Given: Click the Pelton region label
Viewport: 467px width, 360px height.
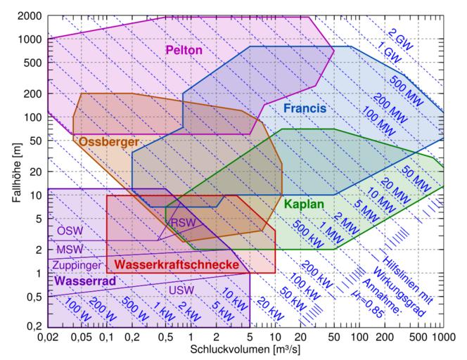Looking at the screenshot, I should click(x=184, y=50).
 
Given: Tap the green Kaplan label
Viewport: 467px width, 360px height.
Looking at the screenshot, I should click(x=304, y=205).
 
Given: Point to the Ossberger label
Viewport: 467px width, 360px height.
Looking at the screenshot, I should click(x=108, y=141).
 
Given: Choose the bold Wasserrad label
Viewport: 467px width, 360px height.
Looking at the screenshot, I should click(x=85, y=280).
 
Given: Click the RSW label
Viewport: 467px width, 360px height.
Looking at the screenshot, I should click(x=183, y=222).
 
